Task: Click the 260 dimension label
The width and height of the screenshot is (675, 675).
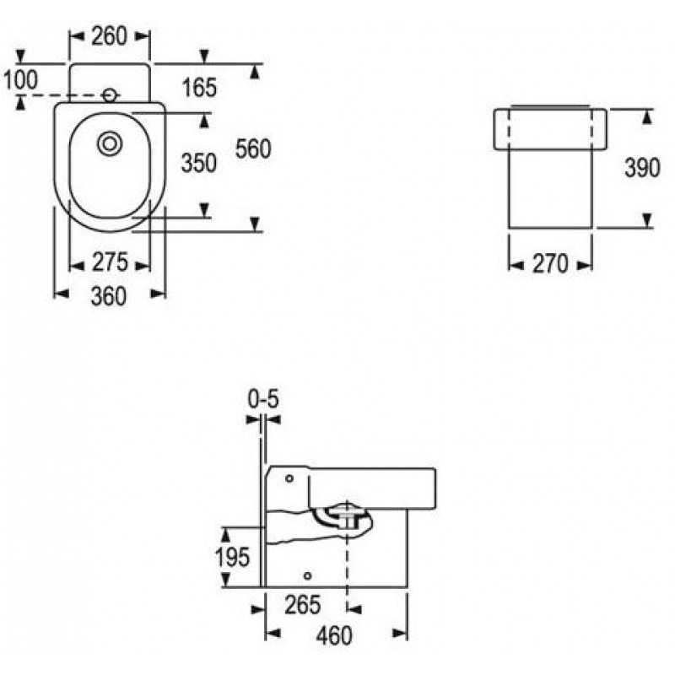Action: coord(110,36)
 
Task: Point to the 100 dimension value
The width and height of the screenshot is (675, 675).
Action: coord(20,80)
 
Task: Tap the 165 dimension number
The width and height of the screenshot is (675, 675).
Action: coord(199,88)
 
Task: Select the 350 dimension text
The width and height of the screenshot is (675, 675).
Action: coord(198,163)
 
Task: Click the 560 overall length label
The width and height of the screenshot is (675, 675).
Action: coord(253,149)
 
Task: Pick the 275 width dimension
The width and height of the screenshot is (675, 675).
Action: coord(110,262)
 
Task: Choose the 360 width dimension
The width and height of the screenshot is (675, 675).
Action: coord(109,296)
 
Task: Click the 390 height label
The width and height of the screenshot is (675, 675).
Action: coord(642,167)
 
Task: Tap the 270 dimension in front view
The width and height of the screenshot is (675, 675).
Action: coord(551,264)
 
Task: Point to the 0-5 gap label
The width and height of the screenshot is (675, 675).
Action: coord(263,399)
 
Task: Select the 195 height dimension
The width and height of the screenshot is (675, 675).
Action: coord(233,557)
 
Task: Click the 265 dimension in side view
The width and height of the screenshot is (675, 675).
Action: coord(303,605)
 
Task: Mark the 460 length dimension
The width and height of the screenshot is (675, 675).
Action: coord(334,636)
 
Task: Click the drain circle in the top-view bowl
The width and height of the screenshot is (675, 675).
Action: coord(110,143)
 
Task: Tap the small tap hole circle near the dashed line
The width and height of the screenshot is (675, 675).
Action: coord(110,94)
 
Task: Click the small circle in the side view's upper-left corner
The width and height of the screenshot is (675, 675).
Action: coord(289,478)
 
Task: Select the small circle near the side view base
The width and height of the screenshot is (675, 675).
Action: coord(307,575)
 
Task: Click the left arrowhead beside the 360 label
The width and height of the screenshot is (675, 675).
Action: coord(61,294)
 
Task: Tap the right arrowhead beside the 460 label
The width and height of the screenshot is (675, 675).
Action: coord(400,634)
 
